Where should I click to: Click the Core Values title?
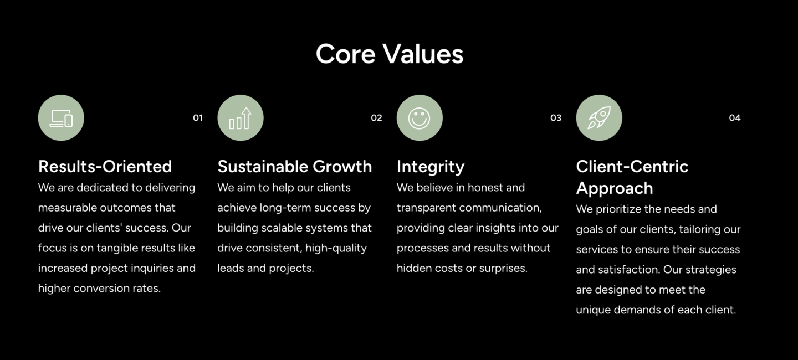pyautogui.click(x=390, y=54)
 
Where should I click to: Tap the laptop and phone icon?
pyautogui.click(x=62, y=118)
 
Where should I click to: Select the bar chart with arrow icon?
pyautogui.click(x=241, y=118)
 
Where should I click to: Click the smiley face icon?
pyautogui.click(x=420, y=118)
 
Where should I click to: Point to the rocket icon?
pyautogui.click(x=599, y=117)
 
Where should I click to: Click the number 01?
pyautogui.click(x=198, y=118)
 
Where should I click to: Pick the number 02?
pyautogui.click(x=376, y=118)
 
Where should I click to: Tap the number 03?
pyautogui.click(x=556, y=118)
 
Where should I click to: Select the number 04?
pyautogui.click(x=735, y=118)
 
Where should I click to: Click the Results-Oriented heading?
pyautogui.click(x=105, y=166)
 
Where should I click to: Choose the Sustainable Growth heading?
pyautogui.click(x=295, y=166)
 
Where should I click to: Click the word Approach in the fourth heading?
pyautogui.click(x=615, y=188)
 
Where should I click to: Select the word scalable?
pyautogui.click(x=290, y=228)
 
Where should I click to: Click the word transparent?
pyautogui.click(x=426, y=208)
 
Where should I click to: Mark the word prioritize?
pyautogui.click(x=621, y=209)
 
